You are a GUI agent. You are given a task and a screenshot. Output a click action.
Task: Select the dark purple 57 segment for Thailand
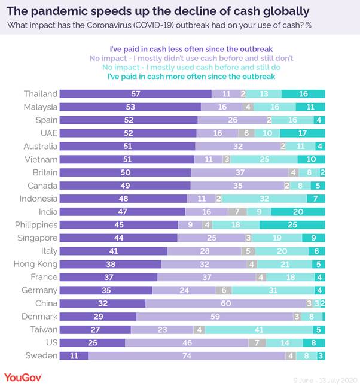(x=136, y=94)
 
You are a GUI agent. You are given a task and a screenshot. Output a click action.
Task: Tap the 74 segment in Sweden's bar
(x=187, y=356)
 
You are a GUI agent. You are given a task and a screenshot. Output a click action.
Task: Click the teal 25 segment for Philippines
(x=292, y=225)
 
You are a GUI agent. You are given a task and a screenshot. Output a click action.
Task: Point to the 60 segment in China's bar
(x=225, y=303)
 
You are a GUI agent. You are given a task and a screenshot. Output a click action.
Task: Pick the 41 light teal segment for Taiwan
(x=257, y=330)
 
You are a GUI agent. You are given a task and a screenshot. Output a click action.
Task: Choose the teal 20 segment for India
(x=298, y=212)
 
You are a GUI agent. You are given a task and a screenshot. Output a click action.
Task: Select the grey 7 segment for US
(x=257, y=343)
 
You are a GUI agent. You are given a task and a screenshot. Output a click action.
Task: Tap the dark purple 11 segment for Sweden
(x=74, y=356)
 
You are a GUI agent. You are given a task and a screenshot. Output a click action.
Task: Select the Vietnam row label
(x=41, y=159)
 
